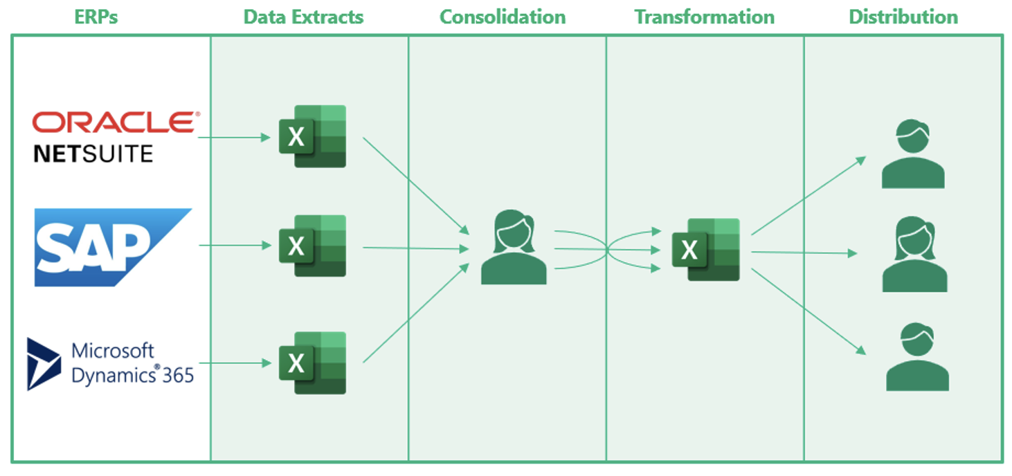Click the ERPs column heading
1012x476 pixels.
click(x=96, y=17)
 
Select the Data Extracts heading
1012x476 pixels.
click(x=303, y=17)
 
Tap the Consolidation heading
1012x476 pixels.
click(x=502, y=17)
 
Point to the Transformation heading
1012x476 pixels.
click(x=704, y=17)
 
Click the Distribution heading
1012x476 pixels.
click(x=903, y=17)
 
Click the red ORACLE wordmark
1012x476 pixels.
click(x=115, y=122)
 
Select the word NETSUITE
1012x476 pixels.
click(x=93, y=154)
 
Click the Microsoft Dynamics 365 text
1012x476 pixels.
click(x=132, y=363)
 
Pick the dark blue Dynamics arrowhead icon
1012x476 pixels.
click(x=44, y=364)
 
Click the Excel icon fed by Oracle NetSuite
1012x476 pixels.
click(x=312, y=136)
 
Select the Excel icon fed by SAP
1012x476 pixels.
click(x=312, y=246)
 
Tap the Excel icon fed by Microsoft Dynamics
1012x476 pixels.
click(x=312, y=363)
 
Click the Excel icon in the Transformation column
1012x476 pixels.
click(x=705, y=250)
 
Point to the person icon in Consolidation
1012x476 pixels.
click(x=514, y=248)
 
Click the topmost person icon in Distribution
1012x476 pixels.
click(x=912, y=155)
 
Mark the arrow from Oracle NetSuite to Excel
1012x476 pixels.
click(x=234, y=137)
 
